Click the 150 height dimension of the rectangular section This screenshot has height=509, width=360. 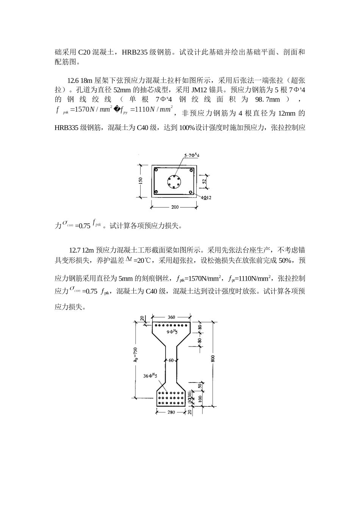(x=141, y=181)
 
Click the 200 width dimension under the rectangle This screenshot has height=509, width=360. (x=175, y=207)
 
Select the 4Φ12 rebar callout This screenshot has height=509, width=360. (x=206, y=198)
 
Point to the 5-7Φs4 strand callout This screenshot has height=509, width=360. (x=192, y=155)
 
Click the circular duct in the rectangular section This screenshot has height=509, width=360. (x=175, y=181)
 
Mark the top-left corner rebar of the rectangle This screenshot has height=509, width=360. (x=155, y=170)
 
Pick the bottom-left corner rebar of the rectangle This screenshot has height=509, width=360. (x=155, y=192)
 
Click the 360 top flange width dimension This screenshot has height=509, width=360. (x=171, y=317)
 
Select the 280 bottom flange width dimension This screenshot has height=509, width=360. (x=171, y=412)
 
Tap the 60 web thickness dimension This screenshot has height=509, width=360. (x=171, y=360)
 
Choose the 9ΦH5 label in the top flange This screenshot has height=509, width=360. (x=172, y=332)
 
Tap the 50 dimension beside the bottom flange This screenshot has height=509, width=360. (x=200, y=386)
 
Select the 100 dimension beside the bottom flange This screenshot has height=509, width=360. (x=200, y=399)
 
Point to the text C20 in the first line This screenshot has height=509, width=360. (x=84, y=52)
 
